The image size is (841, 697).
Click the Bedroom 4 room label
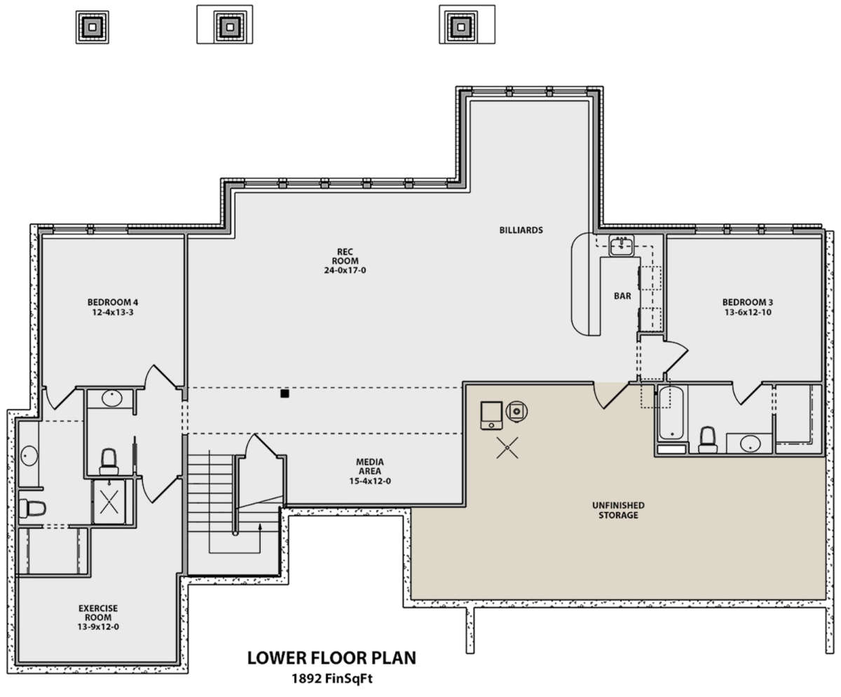(113, 302)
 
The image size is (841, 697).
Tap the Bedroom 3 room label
(748, 302)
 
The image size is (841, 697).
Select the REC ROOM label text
(346, 256)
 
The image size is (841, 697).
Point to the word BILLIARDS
(521, 230)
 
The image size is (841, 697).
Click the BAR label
(622, 296)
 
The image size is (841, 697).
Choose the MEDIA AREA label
(370, 467)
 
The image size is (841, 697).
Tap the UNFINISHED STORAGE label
(618, 510)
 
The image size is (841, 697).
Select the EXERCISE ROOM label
(98, 613)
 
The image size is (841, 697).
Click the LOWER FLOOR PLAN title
(331, 658)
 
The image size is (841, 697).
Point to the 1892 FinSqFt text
(332, 679)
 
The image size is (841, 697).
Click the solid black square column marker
(285, 394)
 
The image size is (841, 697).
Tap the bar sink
(621, 245)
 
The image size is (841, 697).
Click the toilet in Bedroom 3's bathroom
(708, 440)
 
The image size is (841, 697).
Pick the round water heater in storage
(517, 411)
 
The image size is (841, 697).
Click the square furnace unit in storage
(491, 415)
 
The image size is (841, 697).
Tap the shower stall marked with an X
(109, 502)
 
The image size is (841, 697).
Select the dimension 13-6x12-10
(748, 312)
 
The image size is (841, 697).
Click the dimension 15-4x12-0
(370, 481)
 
